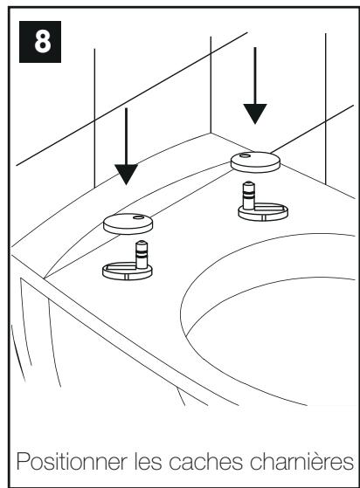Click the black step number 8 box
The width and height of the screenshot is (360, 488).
(x=40, y=42)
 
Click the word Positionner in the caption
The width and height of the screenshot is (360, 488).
(x=72, y=462)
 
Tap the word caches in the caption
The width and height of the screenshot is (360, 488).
(x=206, y=462)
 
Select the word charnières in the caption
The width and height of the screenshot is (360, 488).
(x=301, y=462)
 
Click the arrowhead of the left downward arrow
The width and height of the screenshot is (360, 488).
(x=126, y=175)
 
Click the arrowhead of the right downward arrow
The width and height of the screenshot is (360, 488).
(x=255, y=113)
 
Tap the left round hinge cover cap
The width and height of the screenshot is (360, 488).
(x=128, y=223)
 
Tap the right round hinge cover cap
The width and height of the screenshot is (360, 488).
(x=255, y=162)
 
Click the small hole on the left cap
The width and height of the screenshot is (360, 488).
(x=138, y=217)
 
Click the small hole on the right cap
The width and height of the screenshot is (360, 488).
(x=245, y=155)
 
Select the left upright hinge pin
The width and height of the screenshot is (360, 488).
(x=142, y=255)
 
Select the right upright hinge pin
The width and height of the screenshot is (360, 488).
(x=249, y=196)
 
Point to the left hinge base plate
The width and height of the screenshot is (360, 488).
(x=128, y=271)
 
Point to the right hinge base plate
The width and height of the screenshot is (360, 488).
(x=263, y=211)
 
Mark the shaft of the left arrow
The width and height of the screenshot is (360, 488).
(x=126, y=136)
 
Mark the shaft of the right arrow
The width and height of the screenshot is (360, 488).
(x=255, y=76)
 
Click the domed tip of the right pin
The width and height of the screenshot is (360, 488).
(x=249, y=183)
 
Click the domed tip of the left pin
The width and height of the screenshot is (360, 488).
(x=142, y=243)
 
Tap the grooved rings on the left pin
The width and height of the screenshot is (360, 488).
(x=142, y=254)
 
